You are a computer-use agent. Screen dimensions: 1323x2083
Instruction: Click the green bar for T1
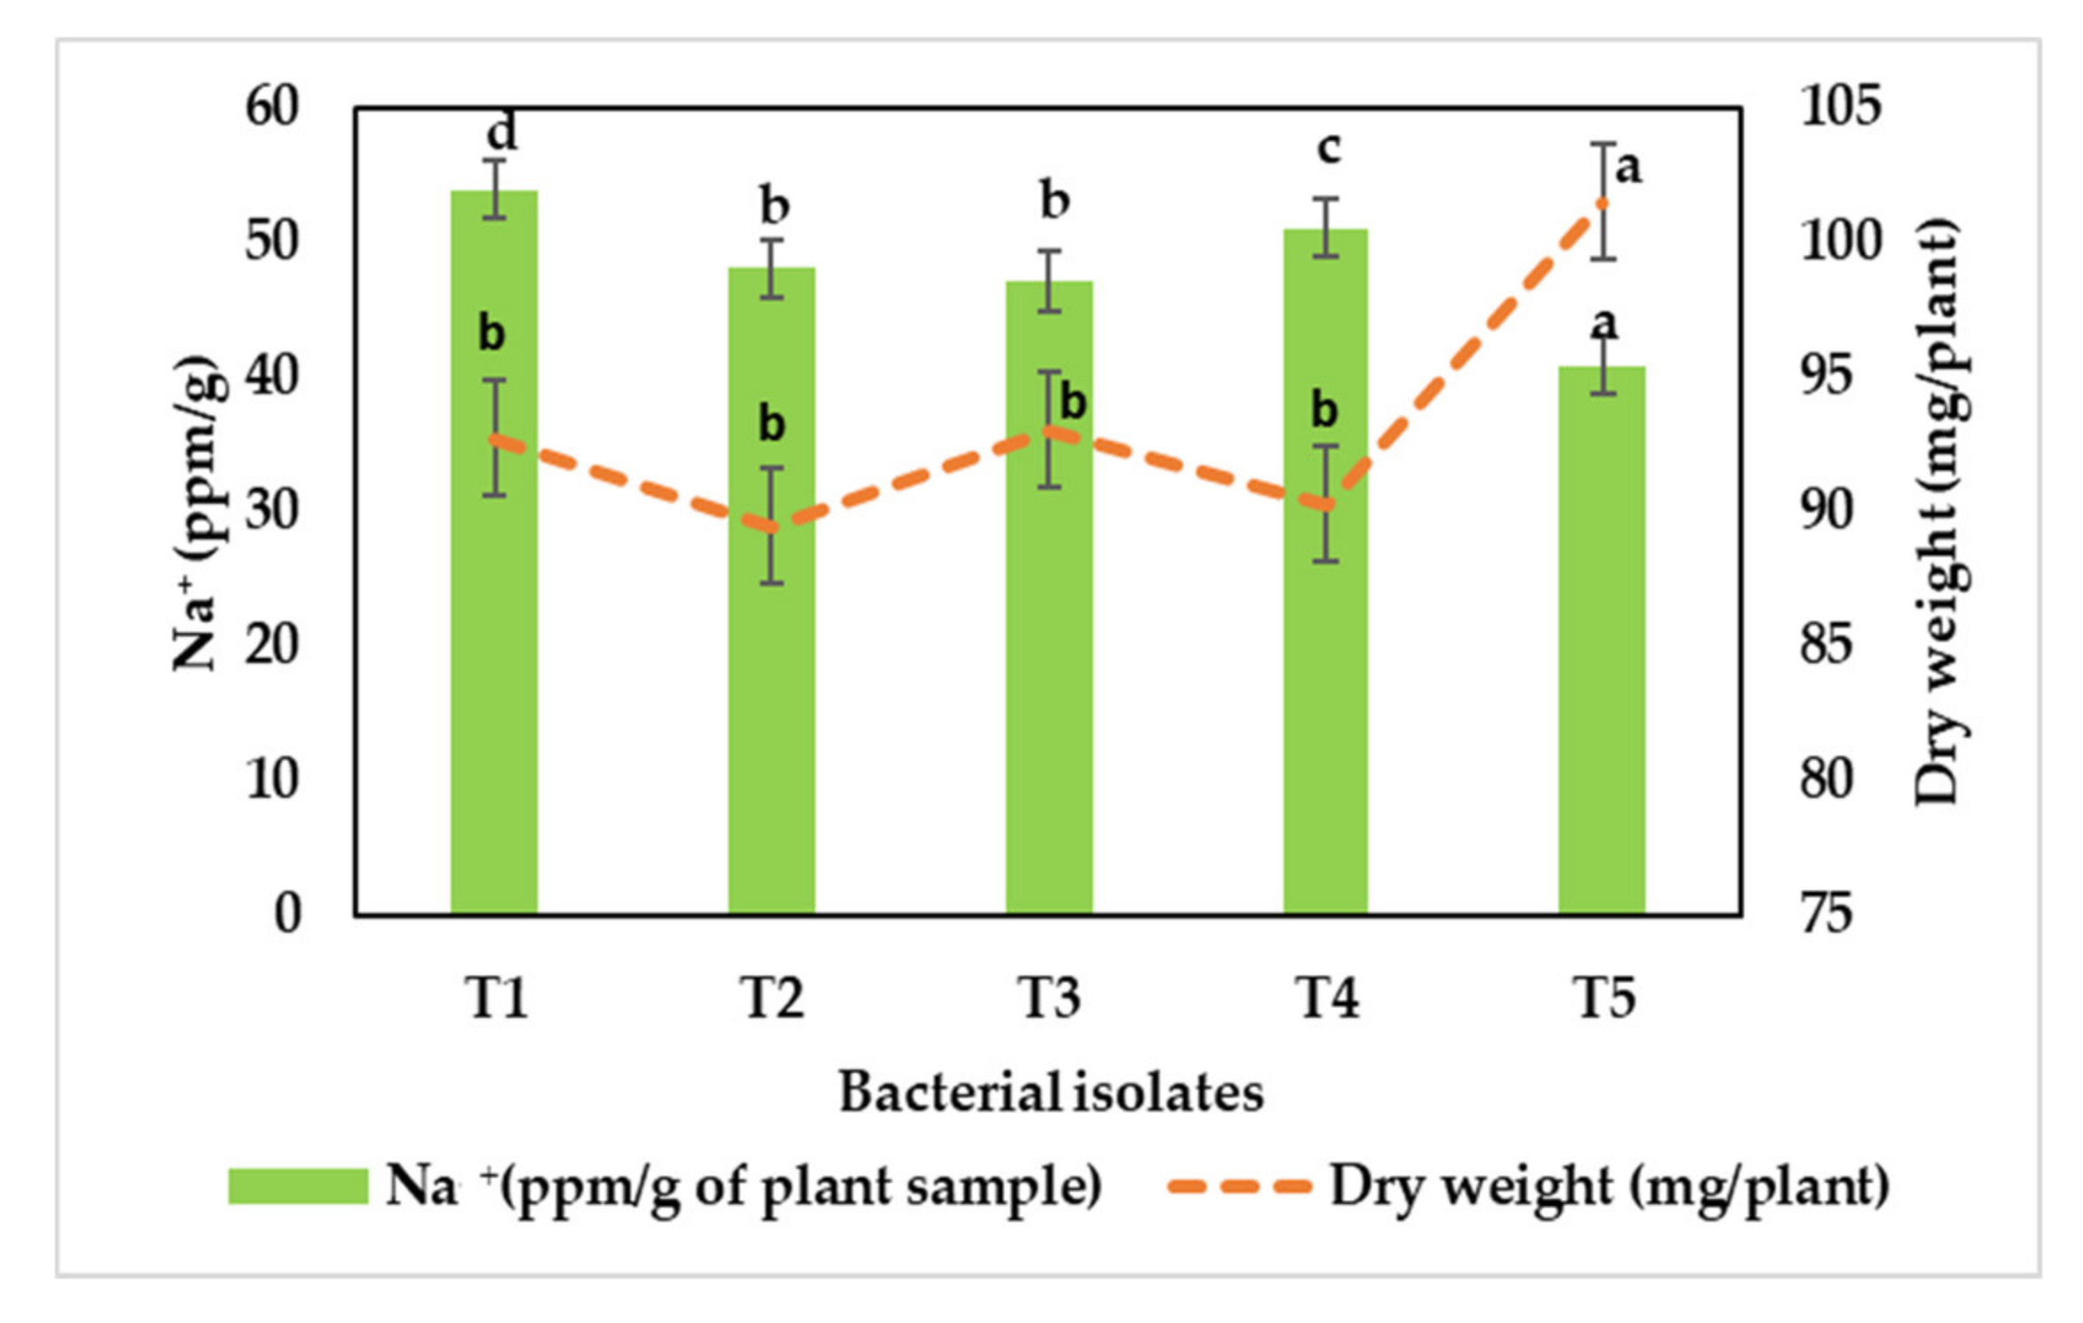494,621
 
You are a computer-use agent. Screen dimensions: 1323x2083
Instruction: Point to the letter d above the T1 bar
502,133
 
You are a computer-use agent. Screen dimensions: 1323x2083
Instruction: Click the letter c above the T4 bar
1328,147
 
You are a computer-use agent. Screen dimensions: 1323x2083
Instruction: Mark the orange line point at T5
1602,203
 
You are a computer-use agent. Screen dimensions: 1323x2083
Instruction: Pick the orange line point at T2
772,527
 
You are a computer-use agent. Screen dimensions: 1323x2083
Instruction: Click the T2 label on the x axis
772,998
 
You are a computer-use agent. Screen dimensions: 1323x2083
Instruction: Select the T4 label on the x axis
1327,998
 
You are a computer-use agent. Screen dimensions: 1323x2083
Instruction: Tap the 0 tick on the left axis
287,913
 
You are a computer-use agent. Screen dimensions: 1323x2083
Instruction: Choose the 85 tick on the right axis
1827,645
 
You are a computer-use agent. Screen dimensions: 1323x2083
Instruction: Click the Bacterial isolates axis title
1051,1092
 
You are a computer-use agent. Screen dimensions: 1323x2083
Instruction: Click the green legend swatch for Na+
298,1186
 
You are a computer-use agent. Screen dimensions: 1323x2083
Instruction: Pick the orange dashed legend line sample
1239,1186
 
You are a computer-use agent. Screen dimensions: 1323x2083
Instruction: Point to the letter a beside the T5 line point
1628,167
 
